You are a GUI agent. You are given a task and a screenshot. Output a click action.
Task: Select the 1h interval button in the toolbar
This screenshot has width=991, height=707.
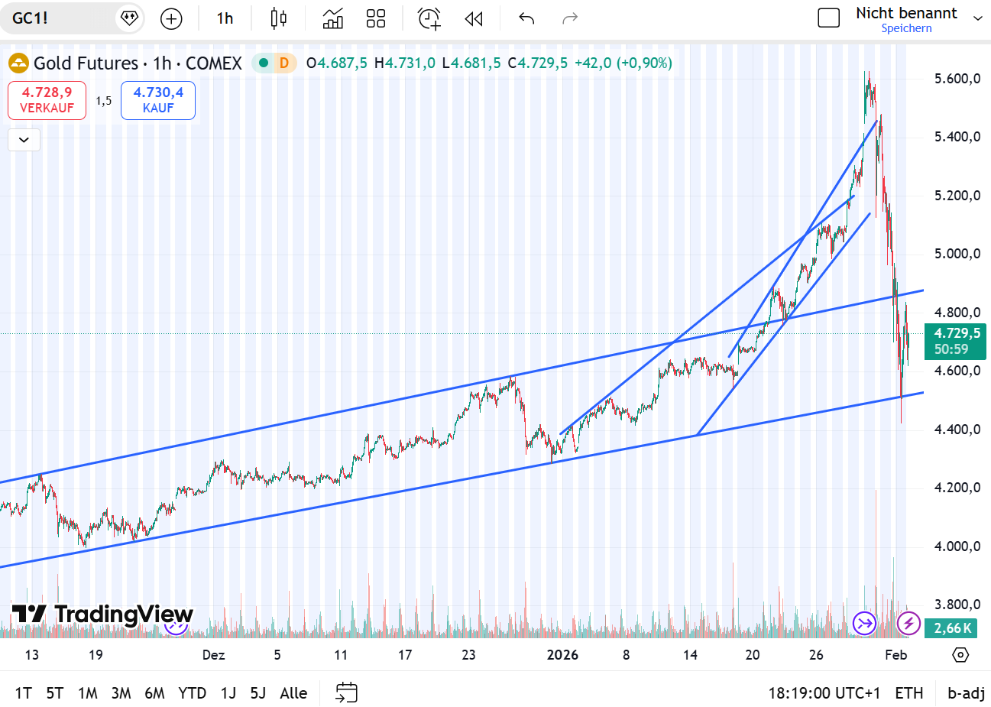pyautogui.click(x=225, y=18)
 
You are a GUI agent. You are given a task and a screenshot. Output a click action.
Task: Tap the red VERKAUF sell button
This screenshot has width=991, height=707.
pyautogui.click(x=47, y=100)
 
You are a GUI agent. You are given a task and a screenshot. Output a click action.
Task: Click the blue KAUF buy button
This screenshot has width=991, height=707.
pyautogui.click(x=158, y=100)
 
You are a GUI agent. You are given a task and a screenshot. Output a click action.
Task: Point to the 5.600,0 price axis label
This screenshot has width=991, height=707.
pyautogui.click(x=957, y=79)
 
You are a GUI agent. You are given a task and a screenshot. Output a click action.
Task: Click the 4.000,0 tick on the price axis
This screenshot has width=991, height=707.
pyautogui.click(x=957, y=546)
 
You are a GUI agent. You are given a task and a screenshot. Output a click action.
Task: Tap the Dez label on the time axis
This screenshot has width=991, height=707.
pyautogui.click(x=213, y=655)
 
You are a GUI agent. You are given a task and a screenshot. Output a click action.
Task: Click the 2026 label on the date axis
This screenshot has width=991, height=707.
pyautogui.click(x=562, y=655)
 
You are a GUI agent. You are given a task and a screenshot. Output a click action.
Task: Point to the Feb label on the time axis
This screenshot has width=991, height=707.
pyautogui.click(x=895, y=655)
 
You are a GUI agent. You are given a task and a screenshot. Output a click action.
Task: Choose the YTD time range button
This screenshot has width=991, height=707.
pyautogui.click(x=192, y=693)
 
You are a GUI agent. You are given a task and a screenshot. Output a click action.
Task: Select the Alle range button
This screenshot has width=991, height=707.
pyautogui.click(x=293, y=693)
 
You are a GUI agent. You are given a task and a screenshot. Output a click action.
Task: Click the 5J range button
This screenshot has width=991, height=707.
pyautogui.click(x=258, y=693)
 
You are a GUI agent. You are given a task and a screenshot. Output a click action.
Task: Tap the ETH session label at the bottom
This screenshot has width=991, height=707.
pyautogui.click(x=908, y=693)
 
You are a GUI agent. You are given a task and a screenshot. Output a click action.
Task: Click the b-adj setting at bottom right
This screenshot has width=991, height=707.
pyautogui.click(x=966, y=693)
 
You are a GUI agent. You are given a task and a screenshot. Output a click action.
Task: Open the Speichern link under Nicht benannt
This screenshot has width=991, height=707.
pyautogui.click(x=906, y=28)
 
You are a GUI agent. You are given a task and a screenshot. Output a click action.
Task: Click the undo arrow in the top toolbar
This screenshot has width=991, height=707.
pyautogui.click(x=526, y=18)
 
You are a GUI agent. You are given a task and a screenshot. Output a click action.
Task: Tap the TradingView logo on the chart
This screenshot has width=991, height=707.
pyautogui.click(x=102, y=615)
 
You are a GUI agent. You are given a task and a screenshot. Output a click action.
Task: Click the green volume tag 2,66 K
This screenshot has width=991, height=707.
pyautogui.click(x=954, y=628)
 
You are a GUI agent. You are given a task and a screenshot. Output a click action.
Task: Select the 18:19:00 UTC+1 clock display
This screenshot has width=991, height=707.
pyautogui.click(x=824, y=693)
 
